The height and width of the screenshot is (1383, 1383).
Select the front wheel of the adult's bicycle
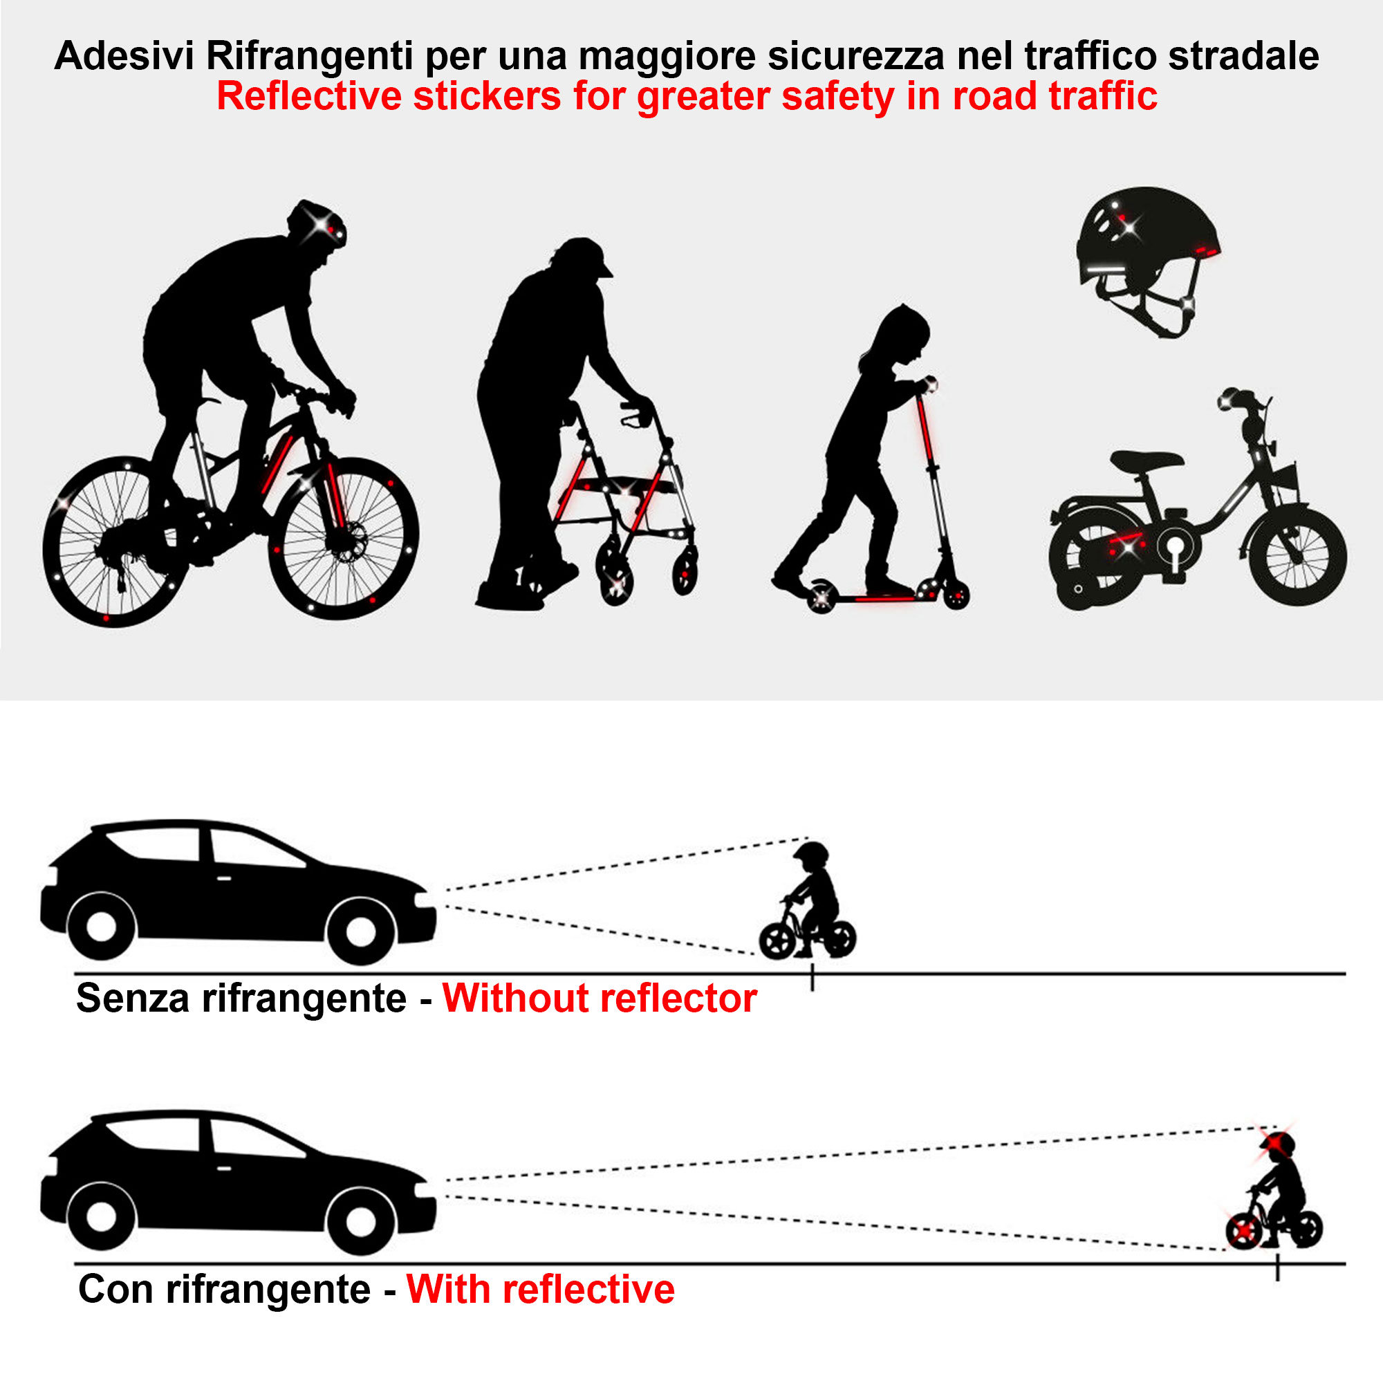pyautogui.click(x=343, y=537)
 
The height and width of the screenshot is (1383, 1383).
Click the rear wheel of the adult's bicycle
pyautogui.click(x=115, y=542)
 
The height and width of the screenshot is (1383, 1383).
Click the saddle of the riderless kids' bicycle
pyautogui.click(x=1145, y=461)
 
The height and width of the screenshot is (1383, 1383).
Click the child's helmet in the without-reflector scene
pyautogui.click(x=812, y=853)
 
